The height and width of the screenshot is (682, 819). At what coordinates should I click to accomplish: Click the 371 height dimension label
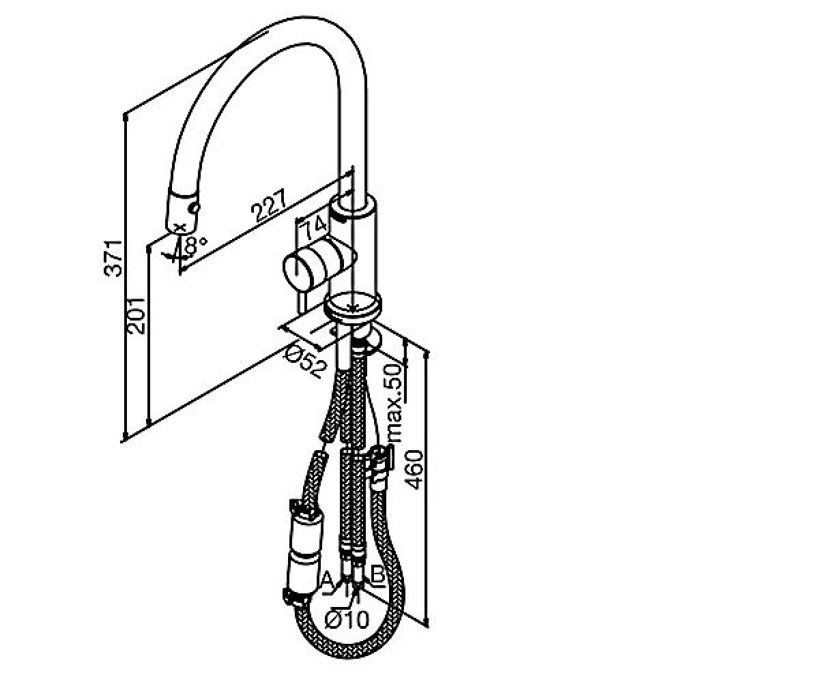tap(113, 258)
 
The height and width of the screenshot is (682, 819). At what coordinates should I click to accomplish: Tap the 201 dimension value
tap(136, 316)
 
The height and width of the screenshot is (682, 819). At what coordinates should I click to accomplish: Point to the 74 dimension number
tap(314, 229)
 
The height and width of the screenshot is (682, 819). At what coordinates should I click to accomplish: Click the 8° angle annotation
tap(195, 245)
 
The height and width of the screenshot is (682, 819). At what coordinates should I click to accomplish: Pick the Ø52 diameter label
tap(306, 363)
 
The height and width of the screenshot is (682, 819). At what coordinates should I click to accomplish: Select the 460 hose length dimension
tap(414, 471)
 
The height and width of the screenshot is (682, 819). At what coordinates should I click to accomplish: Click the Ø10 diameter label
tap(347, 619)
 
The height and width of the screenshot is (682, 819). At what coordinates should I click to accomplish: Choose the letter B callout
tap(377, 575)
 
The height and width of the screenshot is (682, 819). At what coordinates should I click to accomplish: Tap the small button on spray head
tap(193, 208)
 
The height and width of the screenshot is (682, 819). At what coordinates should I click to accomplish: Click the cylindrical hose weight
tap(304, 549)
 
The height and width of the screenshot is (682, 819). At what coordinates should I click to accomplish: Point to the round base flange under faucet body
tap(352, 308)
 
